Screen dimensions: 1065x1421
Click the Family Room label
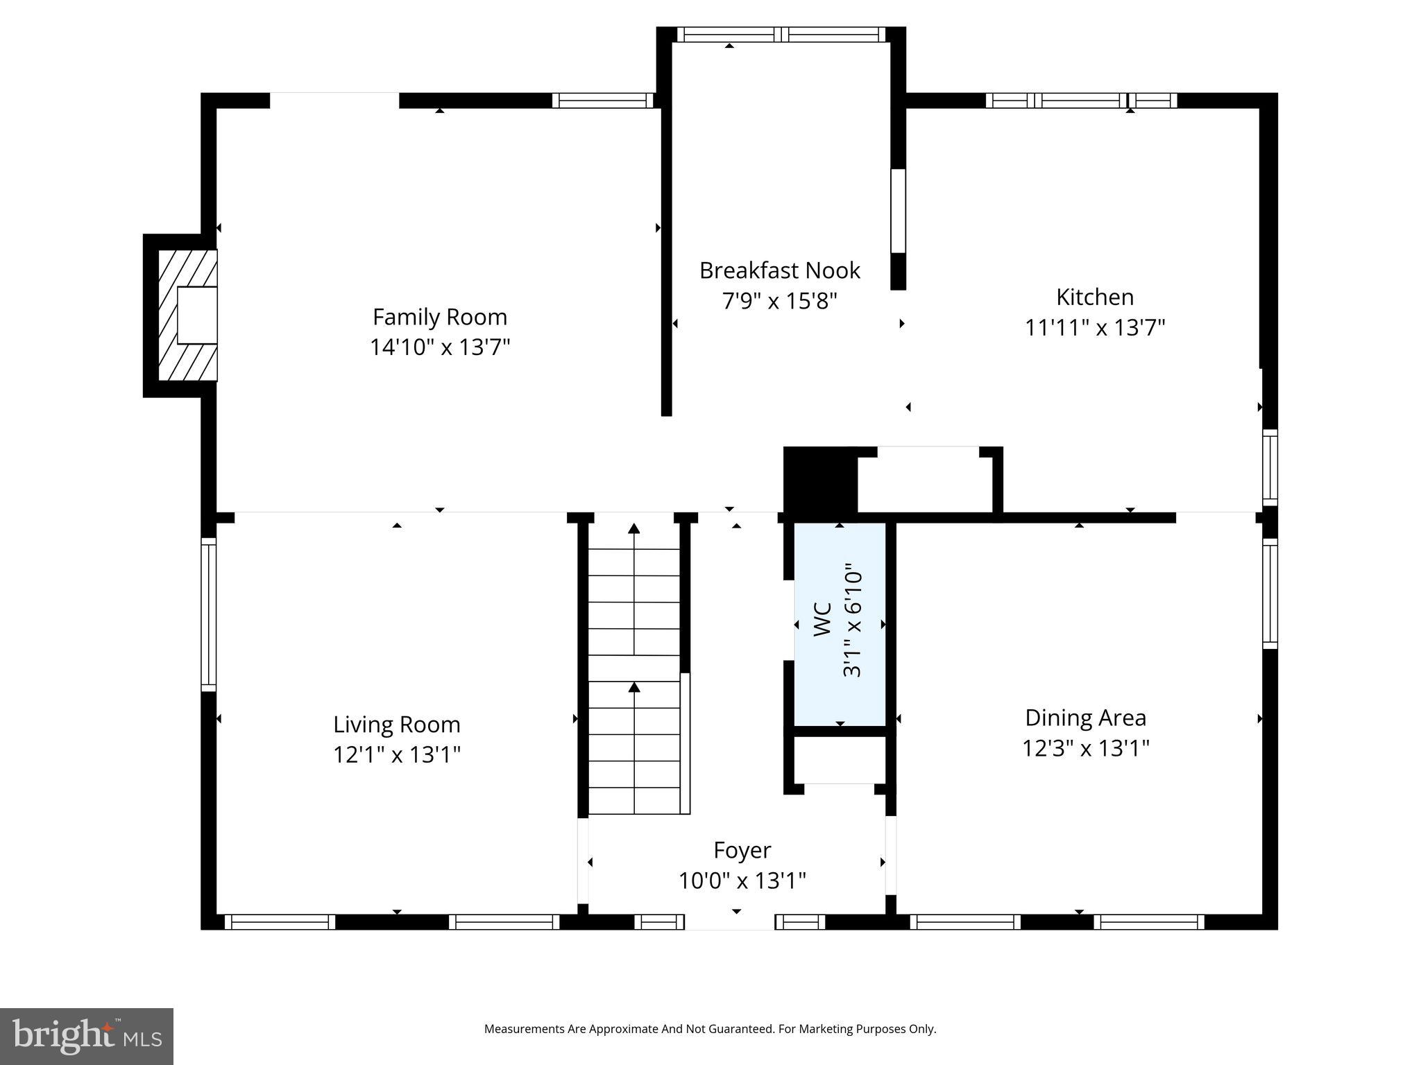[x=440, y=317]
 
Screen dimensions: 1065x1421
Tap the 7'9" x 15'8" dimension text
[x=779, y=302]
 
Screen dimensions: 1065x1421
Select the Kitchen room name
[x=1094, y=297]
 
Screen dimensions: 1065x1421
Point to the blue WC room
[x=840, y=624]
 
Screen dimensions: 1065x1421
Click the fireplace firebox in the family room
[x=197, y=315]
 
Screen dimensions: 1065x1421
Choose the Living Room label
[x=396, y=725]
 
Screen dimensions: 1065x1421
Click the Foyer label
[x=742, y=850]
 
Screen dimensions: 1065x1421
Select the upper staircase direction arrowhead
[x=633, y=529]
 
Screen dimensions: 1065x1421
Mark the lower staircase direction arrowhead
[x=633, y=687]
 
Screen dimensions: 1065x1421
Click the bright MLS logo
[x=86, y=1036]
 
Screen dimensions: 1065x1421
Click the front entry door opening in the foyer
[x=730, y=922]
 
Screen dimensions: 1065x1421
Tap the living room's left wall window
[x=208, y=614]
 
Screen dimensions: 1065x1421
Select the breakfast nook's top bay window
[x=781, y=35]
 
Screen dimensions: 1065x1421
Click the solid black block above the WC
[x=820, y=480]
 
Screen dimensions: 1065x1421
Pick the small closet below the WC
[x=840, y=760]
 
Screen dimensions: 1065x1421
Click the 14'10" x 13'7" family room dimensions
[x=440, y=347]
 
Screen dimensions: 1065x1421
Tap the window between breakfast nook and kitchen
[x=898, y=211]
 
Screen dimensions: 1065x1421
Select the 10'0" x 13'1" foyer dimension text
[x=742, y=881]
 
